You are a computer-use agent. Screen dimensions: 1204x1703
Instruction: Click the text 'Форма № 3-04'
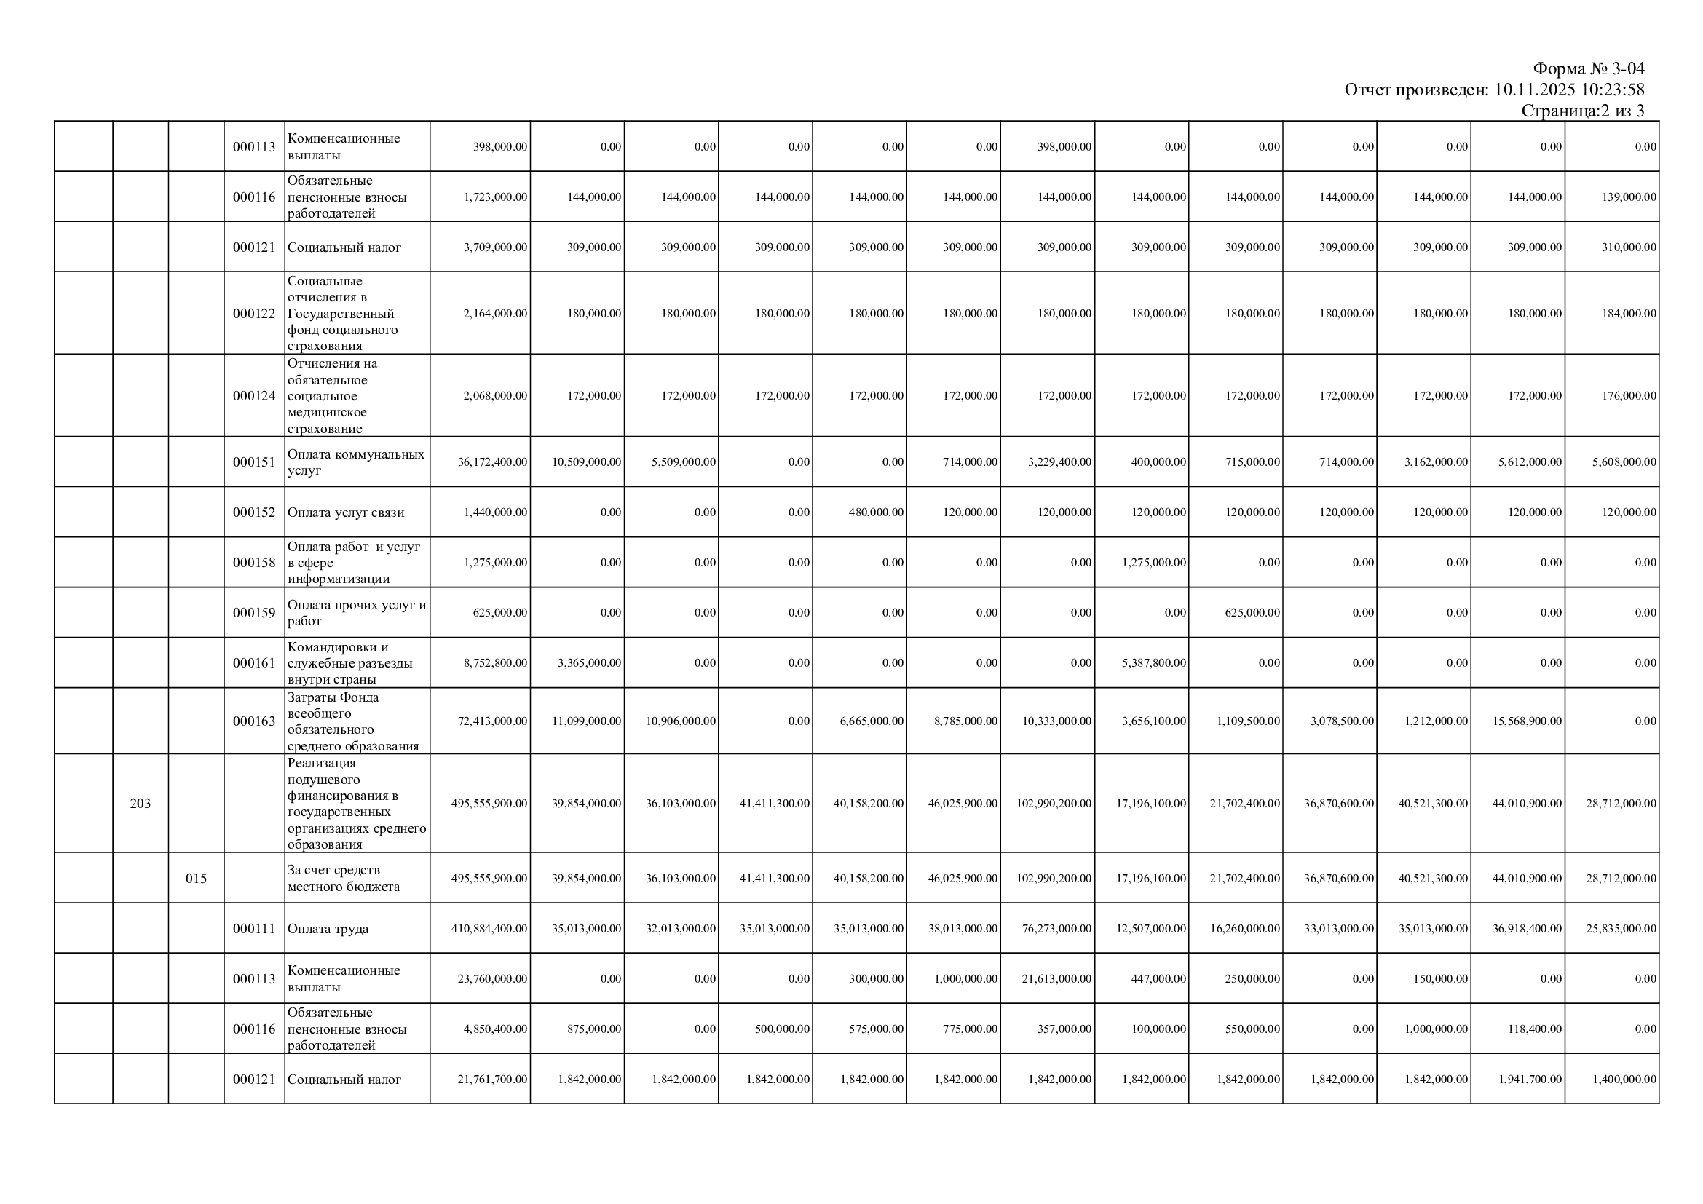pos(1588,69)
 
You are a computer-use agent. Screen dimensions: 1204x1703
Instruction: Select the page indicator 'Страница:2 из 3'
pos(1582,111)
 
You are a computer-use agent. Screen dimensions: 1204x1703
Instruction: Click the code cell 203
pos(141,803)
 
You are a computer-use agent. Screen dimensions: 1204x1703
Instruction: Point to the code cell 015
pos(196,878)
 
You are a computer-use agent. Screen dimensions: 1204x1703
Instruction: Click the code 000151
pos(253,462)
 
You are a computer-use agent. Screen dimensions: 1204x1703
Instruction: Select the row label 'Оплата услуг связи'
pos(345,512)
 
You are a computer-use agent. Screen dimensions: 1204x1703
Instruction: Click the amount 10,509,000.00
pos(586,462)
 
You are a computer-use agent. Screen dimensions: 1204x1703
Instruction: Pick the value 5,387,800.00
pos(1153,663)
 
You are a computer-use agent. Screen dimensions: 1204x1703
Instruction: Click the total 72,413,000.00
pos(492,721)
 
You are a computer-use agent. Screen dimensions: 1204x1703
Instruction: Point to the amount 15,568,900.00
pos(1527,721)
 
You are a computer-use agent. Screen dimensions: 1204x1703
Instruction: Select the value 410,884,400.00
pos(489,928)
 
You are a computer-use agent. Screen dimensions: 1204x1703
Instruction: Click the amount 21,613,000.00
pos(1056,978)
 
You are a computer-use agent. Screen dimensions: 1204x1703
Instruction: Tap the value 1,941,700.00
pos(1530,1080)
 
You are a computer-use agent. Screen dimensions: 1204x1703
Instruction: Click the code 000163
pos(253,721)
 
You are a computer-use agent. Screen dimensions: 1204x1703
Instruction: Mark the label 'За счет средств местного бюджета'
pos(344,878)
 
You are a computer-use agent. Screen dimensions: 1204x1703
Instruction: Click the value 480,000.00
pos(876,512)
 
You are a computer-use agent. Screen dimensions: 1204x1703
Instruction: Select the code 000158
pos(253,562)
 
